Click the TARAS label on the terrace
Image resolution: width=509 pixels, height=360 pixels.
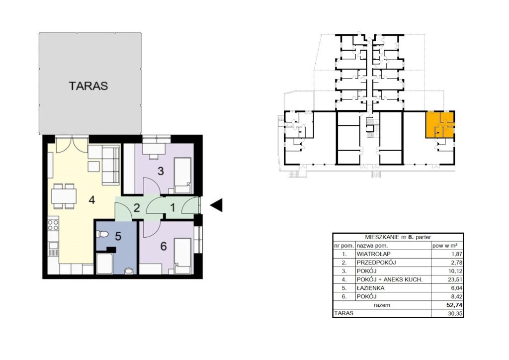(88, 86)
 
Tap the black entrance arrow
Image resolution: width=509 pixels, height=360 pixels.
(216, 205)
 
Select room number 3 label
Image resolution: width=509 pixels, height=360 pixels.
(161, 171)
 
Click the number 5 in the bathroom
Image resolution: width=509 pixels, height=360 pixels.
(118, 236)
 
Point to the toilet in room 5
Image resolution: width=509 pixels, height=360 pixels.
(102, 234)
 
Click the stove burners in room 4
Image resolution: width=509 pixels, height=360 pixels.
(53, 225)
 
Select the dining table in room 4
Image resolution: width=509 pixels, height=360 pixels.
(64, 196)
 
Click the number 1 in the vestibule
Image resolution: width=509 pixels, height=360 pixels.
(172, 207)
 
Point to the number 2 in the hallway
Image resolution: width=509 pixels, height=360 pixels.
(137, 208)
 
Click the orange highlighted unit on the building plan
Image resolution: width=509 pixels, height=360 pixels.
(440, 125)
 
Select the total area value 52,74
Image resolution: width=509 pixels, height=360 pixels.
(454, 305)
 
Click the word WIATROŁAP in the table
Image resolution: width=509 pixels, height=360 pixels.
(373, 254)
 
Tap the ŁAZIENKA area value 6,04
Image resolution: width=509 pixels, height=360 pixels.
(456, 288)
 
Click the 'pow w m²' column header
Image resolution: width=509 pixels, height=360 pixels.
(445, 246)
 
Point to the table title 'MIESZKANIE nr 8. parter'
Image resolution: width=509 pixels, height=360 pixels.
(398, 237)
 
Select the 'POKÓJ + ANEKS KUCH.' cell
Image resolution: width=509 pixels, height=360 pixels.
(390, 279)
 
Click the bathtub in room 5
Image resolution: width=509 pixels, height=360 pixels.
(104, 264)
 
